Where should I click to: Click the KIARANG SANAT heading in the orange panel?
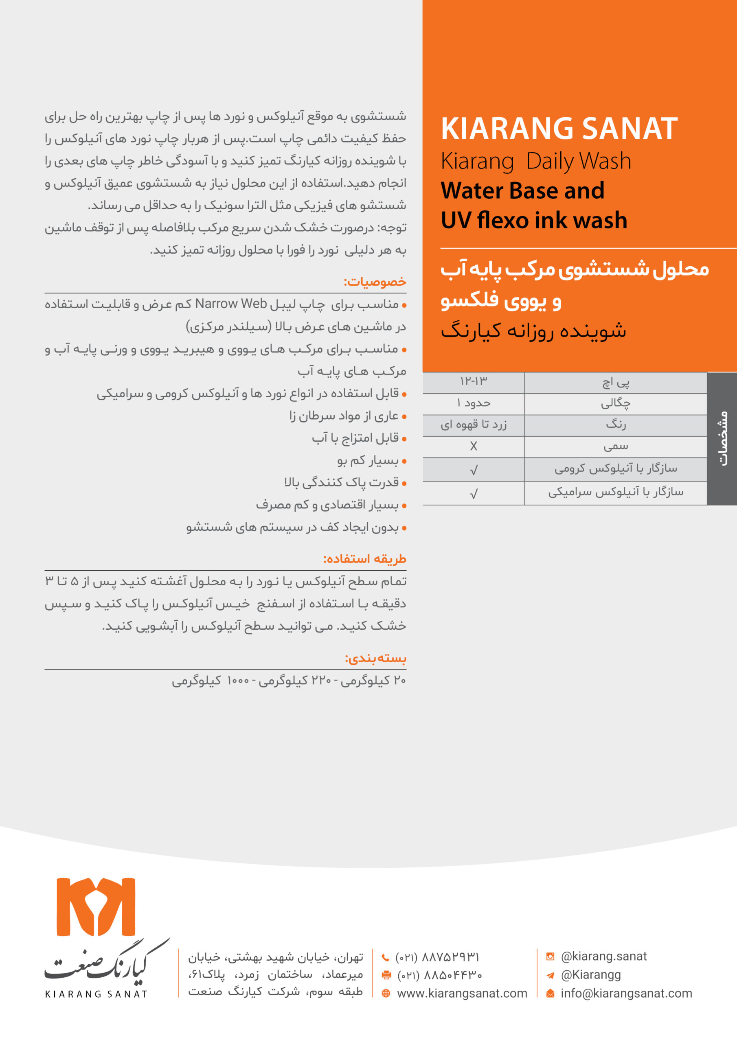[x=559, y=129]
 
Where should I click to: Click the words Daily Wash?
[x=579, y=161]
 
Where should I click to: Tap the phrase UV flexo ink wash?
[x=534, y=220]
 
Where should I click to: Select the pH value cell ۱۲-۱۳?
[x=473, y=381]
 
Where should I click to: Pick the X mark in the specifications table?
[x=474, y=447]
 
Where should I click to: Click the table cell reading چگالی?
[x=616, y=403]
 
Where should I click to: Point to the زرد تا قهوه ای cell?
[x=474, y=425]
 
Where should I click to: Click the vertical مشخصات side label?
[x=723, y=438]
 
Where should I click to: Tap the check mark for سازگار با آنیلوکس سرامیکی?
[x=474, y=494]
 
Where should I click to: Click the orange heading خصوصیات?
[x=375, y=282]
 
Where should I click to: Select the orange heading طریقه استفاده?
[x=365, y=559]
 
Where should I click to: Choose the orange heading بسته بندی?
[x=375, y=658]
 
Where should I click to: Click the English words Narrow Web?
[x=231, y=304]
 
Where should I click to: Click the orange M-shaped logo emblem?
[x=96, y=907]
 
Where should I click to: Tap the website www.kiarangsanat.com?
[x=462, y=994]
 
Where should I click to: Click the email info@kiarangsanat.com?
[x=626, y=994]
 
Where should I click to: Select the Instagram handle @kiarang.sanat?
[x=603, y=956]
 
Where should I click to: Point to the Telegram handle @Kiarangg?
[x=590, y=974]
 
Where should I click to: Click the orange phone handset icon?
[x=386, y=958]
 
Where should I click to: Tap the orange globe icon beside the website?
[x=386, y=994]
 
